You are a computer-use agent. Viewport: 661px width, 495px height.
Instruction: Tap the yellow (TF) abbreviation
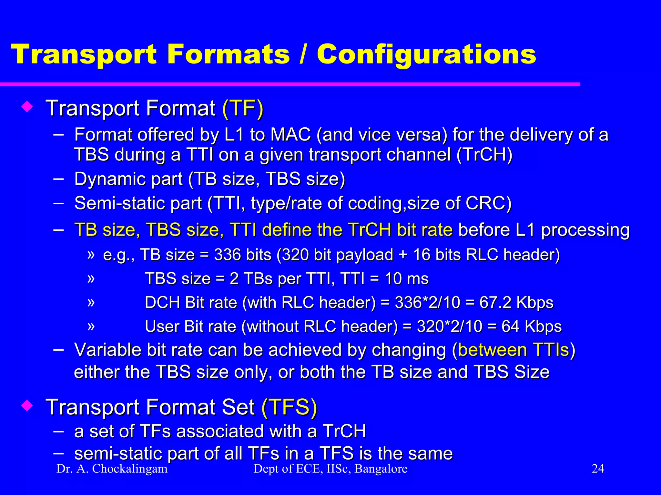point(243,108)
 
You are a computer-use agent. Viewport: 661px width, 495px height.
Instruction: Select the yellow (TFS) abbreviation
point(289,407)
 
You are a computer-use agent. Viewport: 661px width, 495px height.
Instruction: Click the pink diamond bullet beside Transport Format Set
point(27,406)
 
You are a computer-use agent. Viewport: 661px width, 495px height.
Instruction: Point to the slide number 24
point(598,469)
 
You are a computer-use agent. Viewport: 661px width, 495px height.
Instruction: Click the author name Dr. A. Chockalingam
point(112,469)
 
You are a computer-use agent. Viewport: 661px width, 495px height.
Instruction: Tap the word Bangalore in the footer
point(381,469)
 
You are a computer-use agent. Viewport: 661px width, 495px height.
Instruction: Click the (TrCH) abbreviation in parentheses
point(484,155)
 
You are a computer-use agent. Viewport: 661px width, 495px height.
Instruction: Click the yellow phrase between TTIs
point(513,350)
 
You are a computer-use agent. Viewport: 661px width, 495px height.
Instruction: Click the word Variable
point(107,350)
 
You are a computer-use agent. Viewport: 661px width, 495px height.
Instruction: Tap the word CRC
point(488,204)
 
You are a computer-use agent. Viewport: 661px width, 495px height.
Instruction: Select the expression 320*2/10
point(449,326)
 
